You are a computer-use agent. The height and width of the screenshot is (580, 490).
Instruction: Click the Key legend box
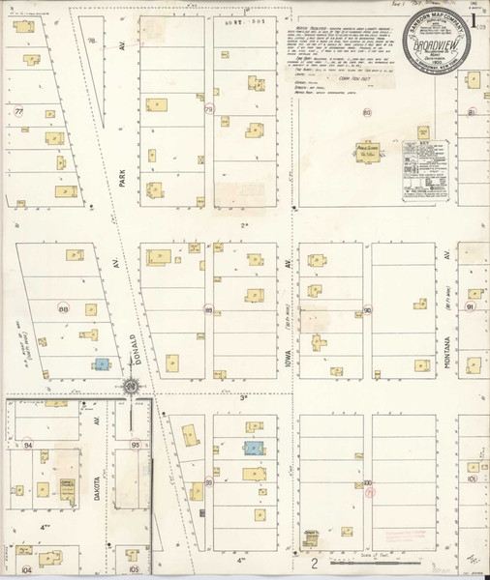click(427, 173)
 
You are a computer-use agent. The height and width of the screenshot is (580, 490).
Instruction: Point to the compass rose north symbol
click(130, 388)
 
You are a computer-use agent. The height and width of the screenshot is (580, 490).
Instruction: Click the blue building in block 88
click(100, 364)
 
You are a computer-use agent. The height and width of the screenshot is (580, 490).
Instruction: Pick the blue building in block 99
click(252, 449)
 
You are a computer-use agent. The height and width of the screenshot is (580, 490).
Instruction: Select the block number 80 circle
click(367, 113)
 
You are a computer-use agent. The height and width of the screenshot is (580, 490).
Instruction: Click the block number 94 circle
click(29, 444)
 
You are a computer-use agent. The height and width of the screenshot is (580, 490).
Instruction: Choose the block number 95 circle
click(136, 444)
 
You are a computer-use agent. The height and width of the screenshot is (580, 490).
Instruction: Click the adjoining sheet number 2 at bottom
click(314, 563)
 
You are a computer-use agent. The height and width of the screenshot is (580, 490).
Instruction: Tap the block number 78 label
click(91, 41)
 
